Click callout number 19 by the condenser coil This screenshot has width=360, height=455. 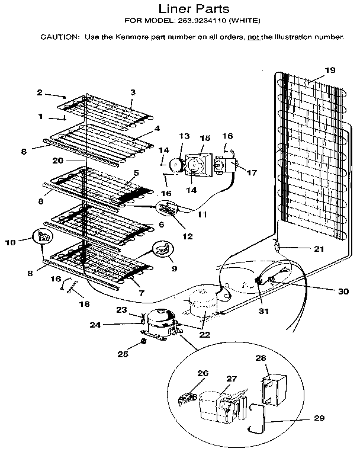tap(330, 70)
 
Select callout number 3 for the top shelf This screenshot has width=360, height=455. tap(133, 92)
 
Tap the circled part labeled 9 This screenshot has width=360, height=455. tap(162, 250)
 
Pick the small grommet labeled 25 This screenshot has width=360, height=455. tap(144, 342)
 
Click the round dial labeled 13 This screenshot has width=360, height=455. tap(176, 165)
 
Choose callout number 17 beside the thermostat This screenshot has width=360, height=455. tap(252, 173)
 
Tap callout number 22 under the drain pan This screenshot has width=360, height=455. tap(205, 335)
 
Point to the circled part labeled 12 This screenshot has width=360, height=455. tap(168, 209)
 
